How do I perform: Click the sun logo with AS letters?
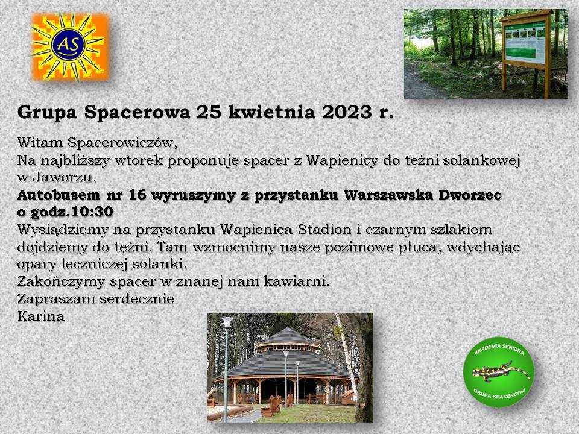[70, 47]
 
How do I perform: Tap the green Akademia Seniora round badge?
[499, 372]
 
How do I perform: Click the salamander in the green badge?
[501, 372]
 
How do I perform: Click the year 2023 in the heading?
[346, 112]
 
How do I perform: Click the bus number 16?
[138, 195]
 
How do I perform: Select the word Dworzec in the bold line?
[470, 195]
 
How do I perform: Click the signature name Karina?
[41, 316]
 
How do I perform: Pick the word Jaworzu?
[64, 177]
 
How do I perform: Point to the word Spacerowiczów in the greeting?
[122, 143]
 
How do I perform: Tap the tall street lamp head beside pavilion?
[226, 322]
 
